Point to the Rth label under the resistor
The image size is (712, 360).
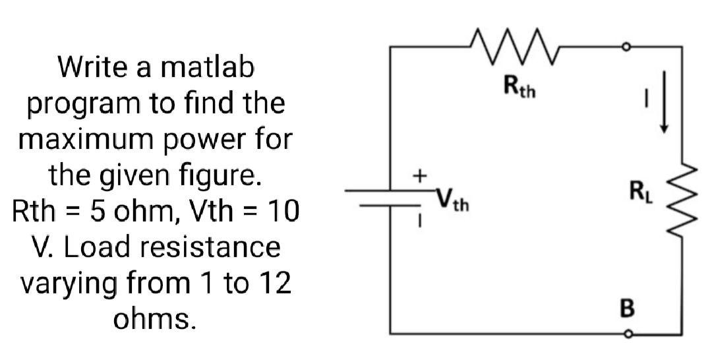point(519,86)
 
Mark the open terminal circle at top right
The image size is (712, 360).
point(628,47)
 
